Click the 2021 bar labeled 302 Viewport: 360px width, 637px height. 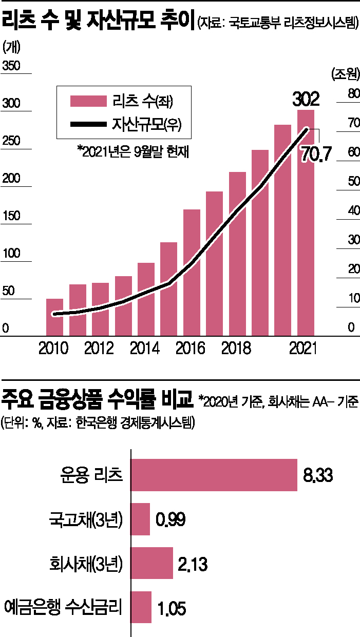(306, 226)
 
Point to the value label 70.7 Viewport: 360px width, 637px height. (319, 153)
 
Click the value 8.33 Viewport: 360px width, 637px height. (318, 475)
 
